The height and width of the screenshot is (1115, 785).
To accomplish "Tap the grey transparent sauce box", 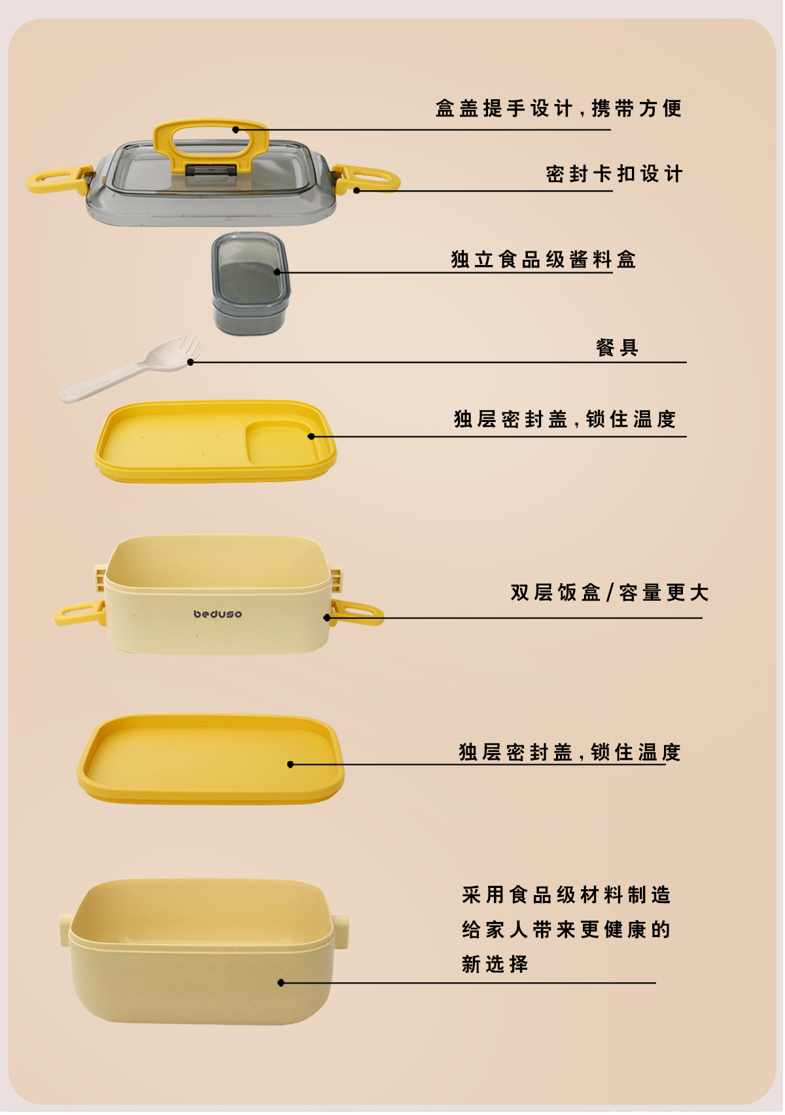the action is [251, 284].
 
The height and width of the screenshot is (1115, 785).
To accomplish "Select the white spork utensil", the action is [130, 369].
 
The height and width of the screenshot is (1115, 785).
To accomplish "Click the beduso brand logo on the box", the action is [218, 614].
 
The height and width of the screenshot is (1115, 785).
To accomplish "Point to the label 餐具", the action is [618, 348].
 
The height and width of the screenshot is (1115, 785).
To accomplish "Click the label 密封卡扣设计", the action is [615, 174].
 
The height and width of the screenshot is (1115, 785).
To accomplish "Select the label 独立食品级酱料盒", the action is [544, 260].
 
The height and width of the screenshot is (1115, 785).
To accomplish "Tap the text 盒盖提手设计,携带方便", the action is [559, 108].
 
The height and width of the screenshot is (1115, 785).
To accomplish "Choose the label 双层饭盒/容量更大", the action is [610, 593].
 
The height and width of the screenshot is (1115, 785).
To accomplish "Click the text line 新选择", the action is [495, 965].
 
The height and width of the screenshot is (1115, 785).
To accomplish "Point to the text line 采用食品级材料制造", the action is [567, 895].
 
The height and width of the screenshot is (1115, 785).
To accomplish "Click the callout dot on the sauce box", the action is [277, 272].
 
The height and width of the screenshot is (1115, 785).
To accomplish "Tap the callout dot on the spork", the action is [190, 363].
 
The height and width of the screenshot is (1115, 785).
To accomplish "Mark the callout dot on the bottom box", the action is [281, 983].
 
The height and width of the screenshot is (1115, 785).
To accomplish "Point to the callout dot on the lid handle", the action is [236, 130].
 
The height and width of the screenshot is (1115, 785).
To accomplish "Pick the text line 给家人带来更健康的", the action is [567, 930].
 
